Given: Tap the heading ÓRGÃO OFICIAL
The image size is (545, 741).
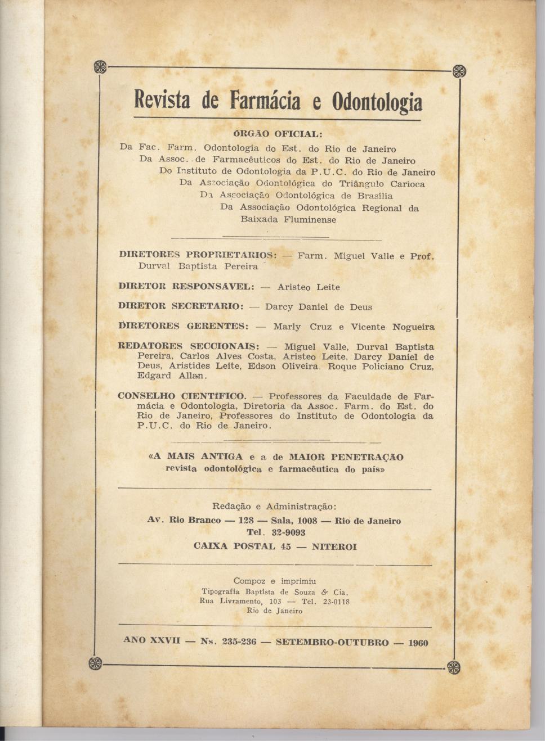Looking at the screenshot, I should pyautogui.click(x=278, y=134).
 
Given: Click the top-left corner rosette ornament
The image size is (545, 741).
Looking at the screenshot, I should pyautogui.click(x=100, y=67).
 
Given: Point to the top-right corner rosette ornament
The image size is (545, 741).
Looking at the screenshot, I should pyautogui.click(x=459, y=71).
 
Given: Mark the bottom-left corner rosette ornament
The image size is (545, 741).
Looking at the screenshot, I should pyautogui.click(x=96, y=663).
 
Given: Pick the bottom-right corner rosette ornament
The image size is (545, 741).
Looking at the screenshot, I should pyautogui.click(x=453, y=667).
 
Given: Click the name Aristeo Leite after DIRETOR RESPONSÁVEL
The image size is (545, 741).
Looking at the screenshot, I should pyautogui.click(x=309, y=287).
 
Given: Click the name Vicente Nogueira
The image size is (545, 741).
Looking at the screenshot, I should pyautogui.click(x=392, y=327).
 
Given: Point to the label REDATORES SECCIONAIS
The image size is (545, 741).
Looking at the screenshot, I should pyautogui.click(x=188, y=346).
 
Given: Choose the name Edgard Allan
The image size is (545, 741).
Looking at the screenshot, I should pyautogui.click(x=172, y=376).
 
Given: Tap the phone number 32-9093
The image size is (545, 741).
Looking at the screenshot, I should pyautogui.click(x=288, y=532).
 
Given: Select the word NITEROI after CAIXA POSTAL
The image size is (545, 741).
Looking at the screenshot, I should pyautogui.click(x=334, y=546).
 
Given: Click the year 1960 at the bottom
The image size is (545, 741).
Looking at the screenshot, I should pyautogui.click(x=417, y=643).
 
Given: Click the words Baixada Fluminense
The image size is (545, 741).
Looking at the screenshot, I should pyautogui.click(x=288, y=220).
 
